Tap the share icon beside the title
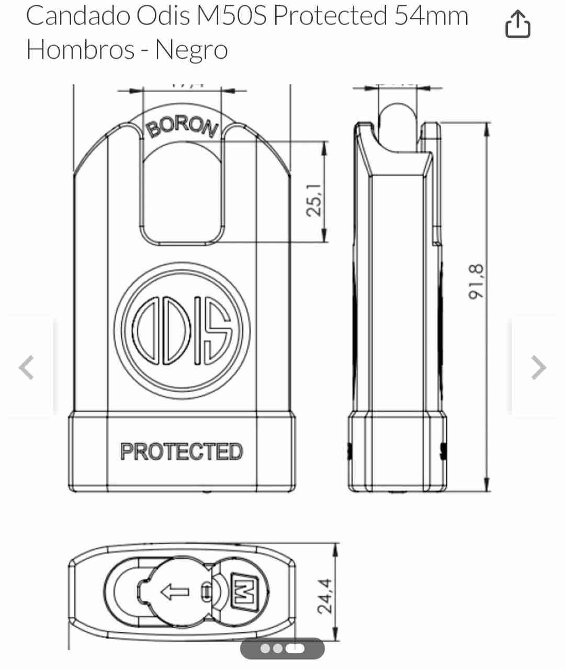517,25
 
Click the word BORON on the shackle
183,127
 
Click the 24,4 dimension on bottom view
325,596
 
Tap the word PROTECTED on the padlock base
182,452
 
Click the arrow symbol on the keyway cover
174,593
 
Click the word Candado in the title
78,16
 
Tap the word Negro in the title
191,50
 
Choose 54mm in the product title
431,16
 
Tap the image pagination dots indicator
282,649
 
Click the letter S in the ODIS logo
219,331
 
